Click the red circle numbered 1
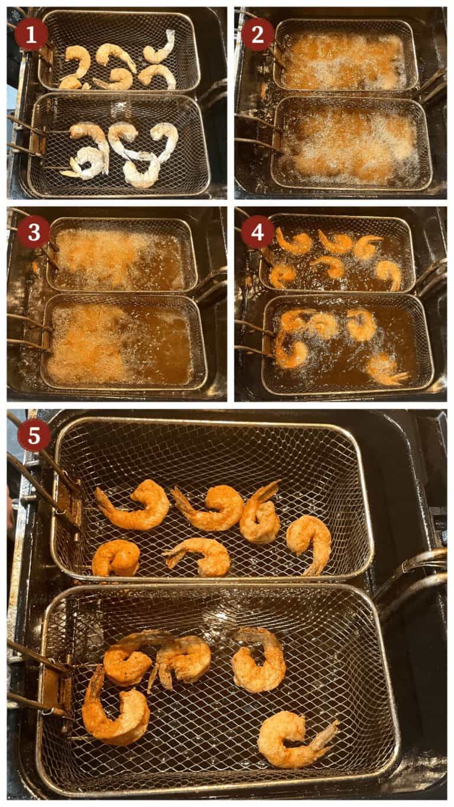(x=31, y=34)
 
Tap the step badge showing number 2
(x=258, y=34)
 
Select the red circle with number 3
(x=33, y=232)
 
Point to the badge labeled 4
(x=257, y=232)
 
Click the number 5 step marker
(x=34, y=435)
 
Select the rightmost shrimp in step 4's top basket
(x=388, y=273)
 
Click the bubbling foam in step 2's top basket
(x=343, y=59)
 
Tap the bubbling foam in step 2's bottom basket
(x=349, y=145)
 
